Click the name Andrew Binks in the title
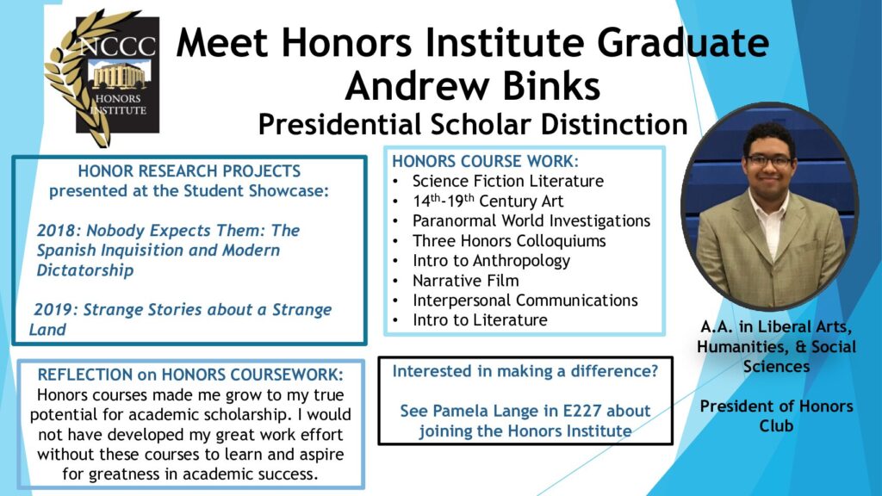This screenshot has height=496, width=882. (x=473, y=86)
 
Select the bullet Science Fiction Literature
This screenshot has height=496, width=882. (x=507, y=181)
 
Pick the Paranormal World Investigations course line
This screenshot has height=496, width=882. (x=531, y=220)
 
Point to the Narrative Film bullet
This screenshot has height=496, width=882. (x=466, y=280)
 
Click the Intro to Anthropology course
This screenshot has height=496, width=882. (x=491, y=261)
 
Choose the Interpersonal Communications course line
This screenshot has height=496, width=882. (x=525, y=300)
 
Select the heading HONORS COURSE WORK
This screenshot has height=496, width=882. (x=485, y=161)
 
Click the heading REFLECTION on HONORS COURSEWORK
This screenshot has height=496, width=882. (x=190, y=375)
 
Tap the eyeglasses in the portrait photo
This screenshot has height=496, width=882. (x=769, y=161)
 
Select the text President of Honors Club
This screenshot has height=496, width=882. (x=776, y=416)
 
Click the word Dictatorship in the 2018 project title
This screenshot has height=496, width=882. (x=85, y=270)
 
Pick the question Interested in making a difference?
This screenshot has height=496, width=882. (x=525, y=371)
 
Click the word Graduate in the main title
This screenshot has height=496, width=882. (x=683, y=43)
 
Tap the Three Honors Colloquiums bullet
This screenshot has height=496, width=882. (x=509, y=241)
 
